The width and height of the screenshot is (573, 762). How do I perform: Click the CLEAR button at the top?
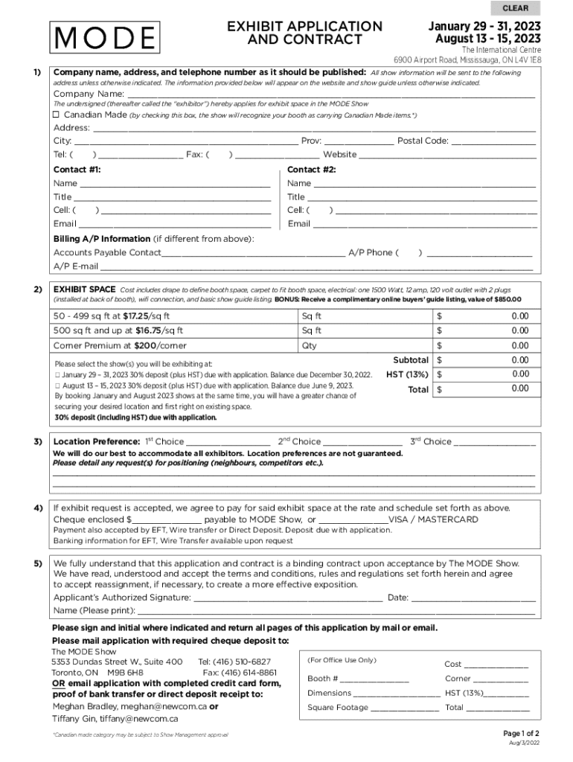click(516, 8)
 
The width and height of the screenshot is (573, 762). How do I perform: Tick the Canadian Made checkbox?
click(57, 115)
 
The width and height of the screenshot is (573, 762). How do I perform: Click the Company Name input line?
click(331, 94)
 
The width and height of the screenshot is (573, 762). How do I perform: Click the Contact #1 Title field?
click(173, 197)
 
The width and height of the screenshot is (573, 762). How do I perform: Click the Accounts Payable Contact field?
click(253, 252)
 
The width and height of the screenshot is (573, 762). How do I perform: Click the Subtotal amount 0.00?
click(519, 360)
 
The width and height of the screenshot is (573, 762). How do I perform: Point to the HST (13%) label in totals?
click(407, 374)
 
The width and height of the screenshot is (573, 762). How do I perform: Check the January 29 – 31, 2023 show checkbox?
click(57, 374)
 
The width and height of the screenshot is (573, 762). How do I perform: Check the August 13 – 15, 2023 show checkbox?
click(57, 385)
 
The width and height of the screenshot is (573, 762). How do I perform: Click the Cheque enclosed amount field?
click(167, 519)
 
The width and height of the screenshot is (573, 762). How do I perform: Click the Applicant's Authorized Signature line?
click(288, 598)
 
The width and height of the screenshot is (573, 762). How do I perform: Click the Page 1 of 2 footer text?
click(522, 732)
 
